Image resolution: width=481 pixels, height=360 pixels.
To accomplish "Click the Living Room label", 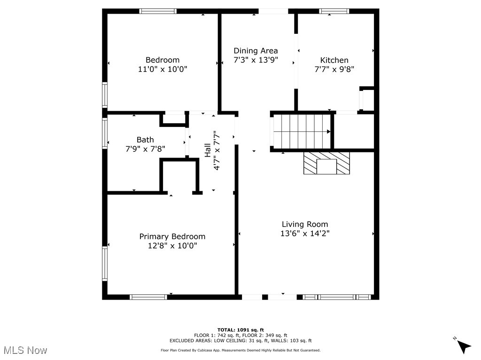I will [305, 224].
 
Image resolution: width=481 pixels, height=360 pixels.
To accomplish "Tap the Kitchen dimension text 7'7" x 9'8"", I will [334, 69].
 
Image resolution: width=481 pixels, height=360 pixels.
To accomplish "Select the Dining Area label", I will [256, 51].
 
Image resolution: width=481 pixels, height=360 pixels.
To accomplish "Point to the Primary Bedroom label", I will [172, 236].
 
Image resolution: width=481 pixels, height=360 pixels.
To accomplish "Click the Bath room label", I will [145, 140].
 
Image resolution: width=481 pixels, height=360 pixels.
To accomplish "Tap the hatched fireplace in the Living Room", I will [327, 163].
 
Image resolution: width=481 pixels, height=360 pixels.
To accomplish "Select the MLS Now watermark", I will [25, 350].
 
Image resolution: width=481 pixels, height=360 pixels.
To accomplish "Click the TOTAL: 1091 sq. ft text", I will [240, 330].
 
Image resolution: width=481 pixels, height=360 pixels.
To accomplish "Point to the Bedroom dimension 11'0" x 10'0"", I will [163, 69].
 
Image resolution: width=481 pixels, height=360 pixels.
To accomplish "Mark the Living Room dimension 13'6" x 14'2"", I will [305, 233].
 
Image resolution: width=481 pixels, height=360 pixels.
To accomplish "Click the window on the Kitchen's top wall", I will [334, 11].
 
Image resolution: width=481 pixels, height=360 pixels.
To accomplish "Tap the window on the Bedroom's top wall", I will [158, 11].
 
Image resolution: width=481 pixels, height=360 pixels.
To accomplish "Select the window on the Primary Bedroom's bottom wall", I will [148, 297].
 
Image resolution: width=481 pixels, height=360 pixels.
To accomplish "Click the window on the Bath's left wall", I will [105, 133].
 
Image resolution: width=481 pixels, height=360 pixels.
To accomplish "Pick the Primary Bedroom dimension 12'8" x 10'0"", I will [172, 246].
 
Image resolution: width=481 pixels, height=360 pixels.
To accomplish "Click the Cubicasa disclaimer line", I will [240, 350].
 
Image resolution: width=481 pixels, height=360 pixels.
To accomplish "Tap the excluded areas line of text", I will [240, 341].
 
